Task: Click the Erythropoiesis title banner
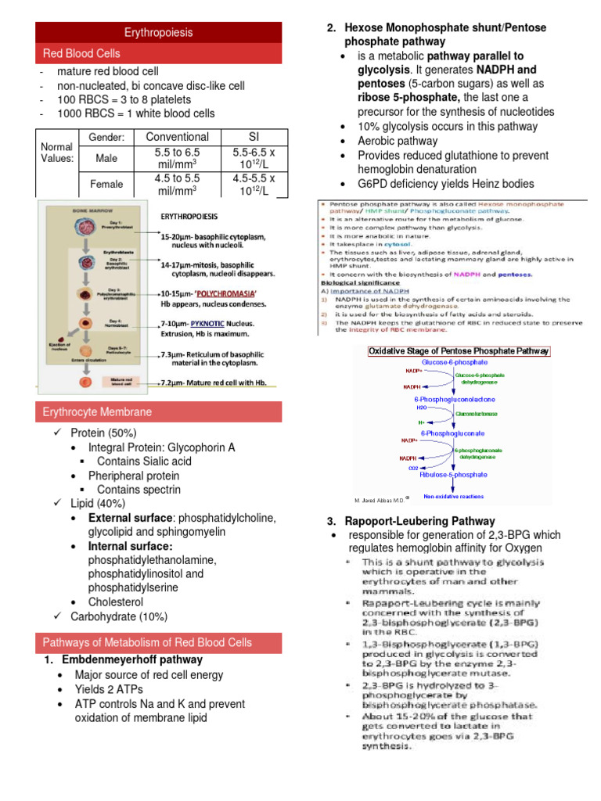click(x=159, y=33)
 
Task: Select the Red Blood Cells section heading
click(x=81, y=53)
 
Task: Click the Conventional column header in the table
click(x=178, y=137)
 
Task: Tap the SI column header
click(x=255, y=137)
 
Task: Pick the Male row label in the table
click(x=106, y=158)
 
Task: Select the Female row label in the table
click(x=106, y=183)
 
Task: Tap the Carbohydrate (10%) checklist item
click(x=119, y=616)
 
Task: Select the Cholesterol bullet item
click(x=116, y=602)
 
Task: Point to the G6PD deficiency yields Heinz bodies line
click(x=445, y=184)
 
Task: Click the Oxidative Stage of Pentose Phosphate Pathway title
click(x=459, y=351)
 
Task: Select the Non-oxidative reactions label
click(x=453, y=496)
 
